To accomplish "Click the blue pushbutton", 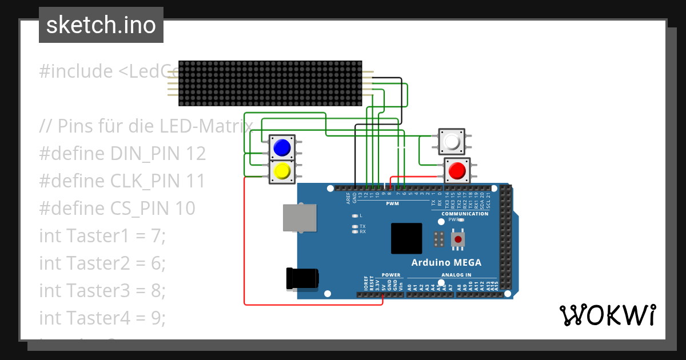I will pos(282,148).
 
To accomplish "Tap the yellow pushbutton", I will pos(282,171).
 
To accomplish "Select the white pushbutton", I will pos(452,141).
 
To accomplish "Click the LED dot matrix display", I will pos(270,83).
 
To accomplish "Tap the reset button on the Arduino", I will pos(457,239).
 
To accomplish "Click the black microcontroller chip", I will pos(406,238).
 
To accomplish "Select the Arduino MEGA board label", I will pos(446,263).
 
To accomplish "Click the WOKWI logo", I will pos(607,315).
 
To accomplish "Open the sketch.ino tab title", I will pos(101,25).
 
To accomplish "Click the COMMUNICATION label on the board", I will pos(465,214).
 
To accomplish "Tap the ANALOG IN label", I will pos(456,275).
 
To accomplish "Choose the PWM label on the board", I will pos(393,203).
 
